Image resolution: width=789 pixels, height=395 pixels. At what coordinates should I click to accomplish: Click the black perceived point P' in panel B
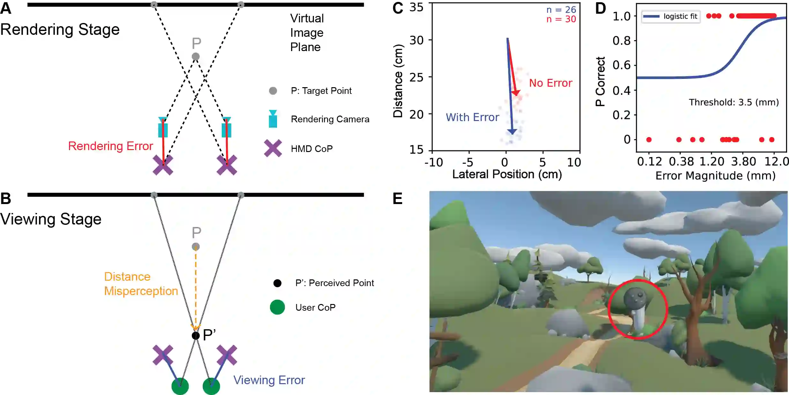tap(195, 335)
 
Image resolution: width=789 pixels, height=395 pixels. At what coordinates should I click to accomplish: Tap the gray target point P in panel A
tap(196, 57)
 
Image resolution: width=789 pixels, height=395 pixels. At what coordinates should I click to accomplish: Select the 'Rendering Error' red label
tap(110, 146)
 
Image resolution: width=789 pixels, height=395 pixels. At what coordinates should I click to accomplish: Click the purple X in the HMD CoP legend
tap(273, 148)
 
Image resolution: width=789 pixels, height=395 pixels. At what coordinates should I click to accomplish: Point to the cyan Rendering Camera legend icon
tap(273, 119)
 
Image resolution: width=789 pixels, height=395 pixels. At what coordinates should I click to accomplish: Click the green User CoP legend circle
tap(277, 307)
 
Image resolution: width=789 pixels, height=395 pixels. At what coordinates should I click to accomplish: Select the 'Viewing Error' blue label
tap(269, 380)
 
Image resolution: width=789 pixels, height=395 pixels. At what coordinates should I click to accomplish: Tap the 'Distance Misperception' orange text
tap(141, 284)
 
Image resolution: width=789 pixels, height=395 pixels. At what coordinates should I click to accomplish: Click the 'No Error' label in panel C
tap(551, 83)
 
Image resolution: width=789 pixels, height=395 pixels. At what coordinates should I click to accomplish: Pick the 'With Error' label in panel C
tap(472, 118)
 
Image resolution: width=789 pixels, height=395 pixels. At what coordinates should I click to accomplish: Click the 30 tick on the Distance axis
tap(417, 40)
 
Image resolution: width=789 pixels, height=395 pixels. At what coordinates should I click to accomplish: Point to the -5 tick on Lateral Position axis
tap(468, 163)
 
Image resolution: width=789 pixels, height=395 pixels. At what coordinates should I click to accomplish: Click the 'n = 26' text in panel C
tap(561, 10)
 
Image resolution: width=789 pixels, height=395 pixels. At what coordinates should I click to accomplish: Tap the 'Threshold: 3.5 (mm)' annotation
tap(734, 102)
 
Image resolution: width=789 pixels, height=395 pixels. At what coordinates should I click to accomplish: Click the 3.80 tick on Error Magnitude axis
tap(743, 162)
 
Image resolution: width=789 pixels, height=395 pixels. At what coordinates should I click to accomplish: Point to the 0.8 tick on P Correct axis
tap(621, 41)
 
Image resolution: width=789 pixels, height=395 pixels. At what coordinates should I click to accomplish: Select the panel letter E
tap(398, 199)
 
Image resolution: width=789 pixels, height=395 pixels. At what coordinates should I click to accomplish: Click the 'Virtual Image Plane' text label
tap(307, 33)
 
